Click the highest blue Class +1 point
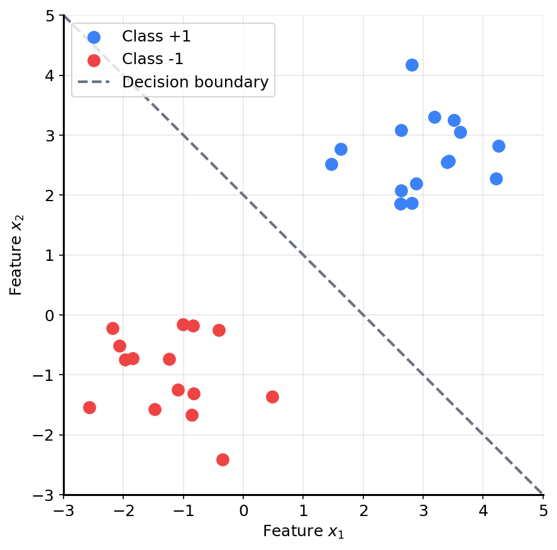[412, 65]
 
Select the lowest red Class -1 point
[223, 459]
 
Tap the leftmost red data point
[89, 407]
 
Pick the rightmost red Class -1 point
[272, 397]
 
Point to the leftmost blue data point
[331, 164]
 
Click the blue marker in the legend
[94, 37]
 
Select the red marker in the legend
[94, 60]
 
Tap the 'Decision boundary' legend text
[196, 82]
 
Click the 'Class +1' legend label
[157, 37]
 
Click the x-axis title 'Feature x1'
[304, 532]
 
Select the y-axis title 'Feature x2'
[16, 255]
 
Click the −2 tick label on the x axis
[123, 509]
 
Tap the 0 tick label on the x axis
[243, 509]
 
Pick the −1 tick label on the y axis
[47, 375]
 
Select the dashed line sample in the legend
[94, 82]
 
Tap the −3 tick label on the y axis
[47, 495]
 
